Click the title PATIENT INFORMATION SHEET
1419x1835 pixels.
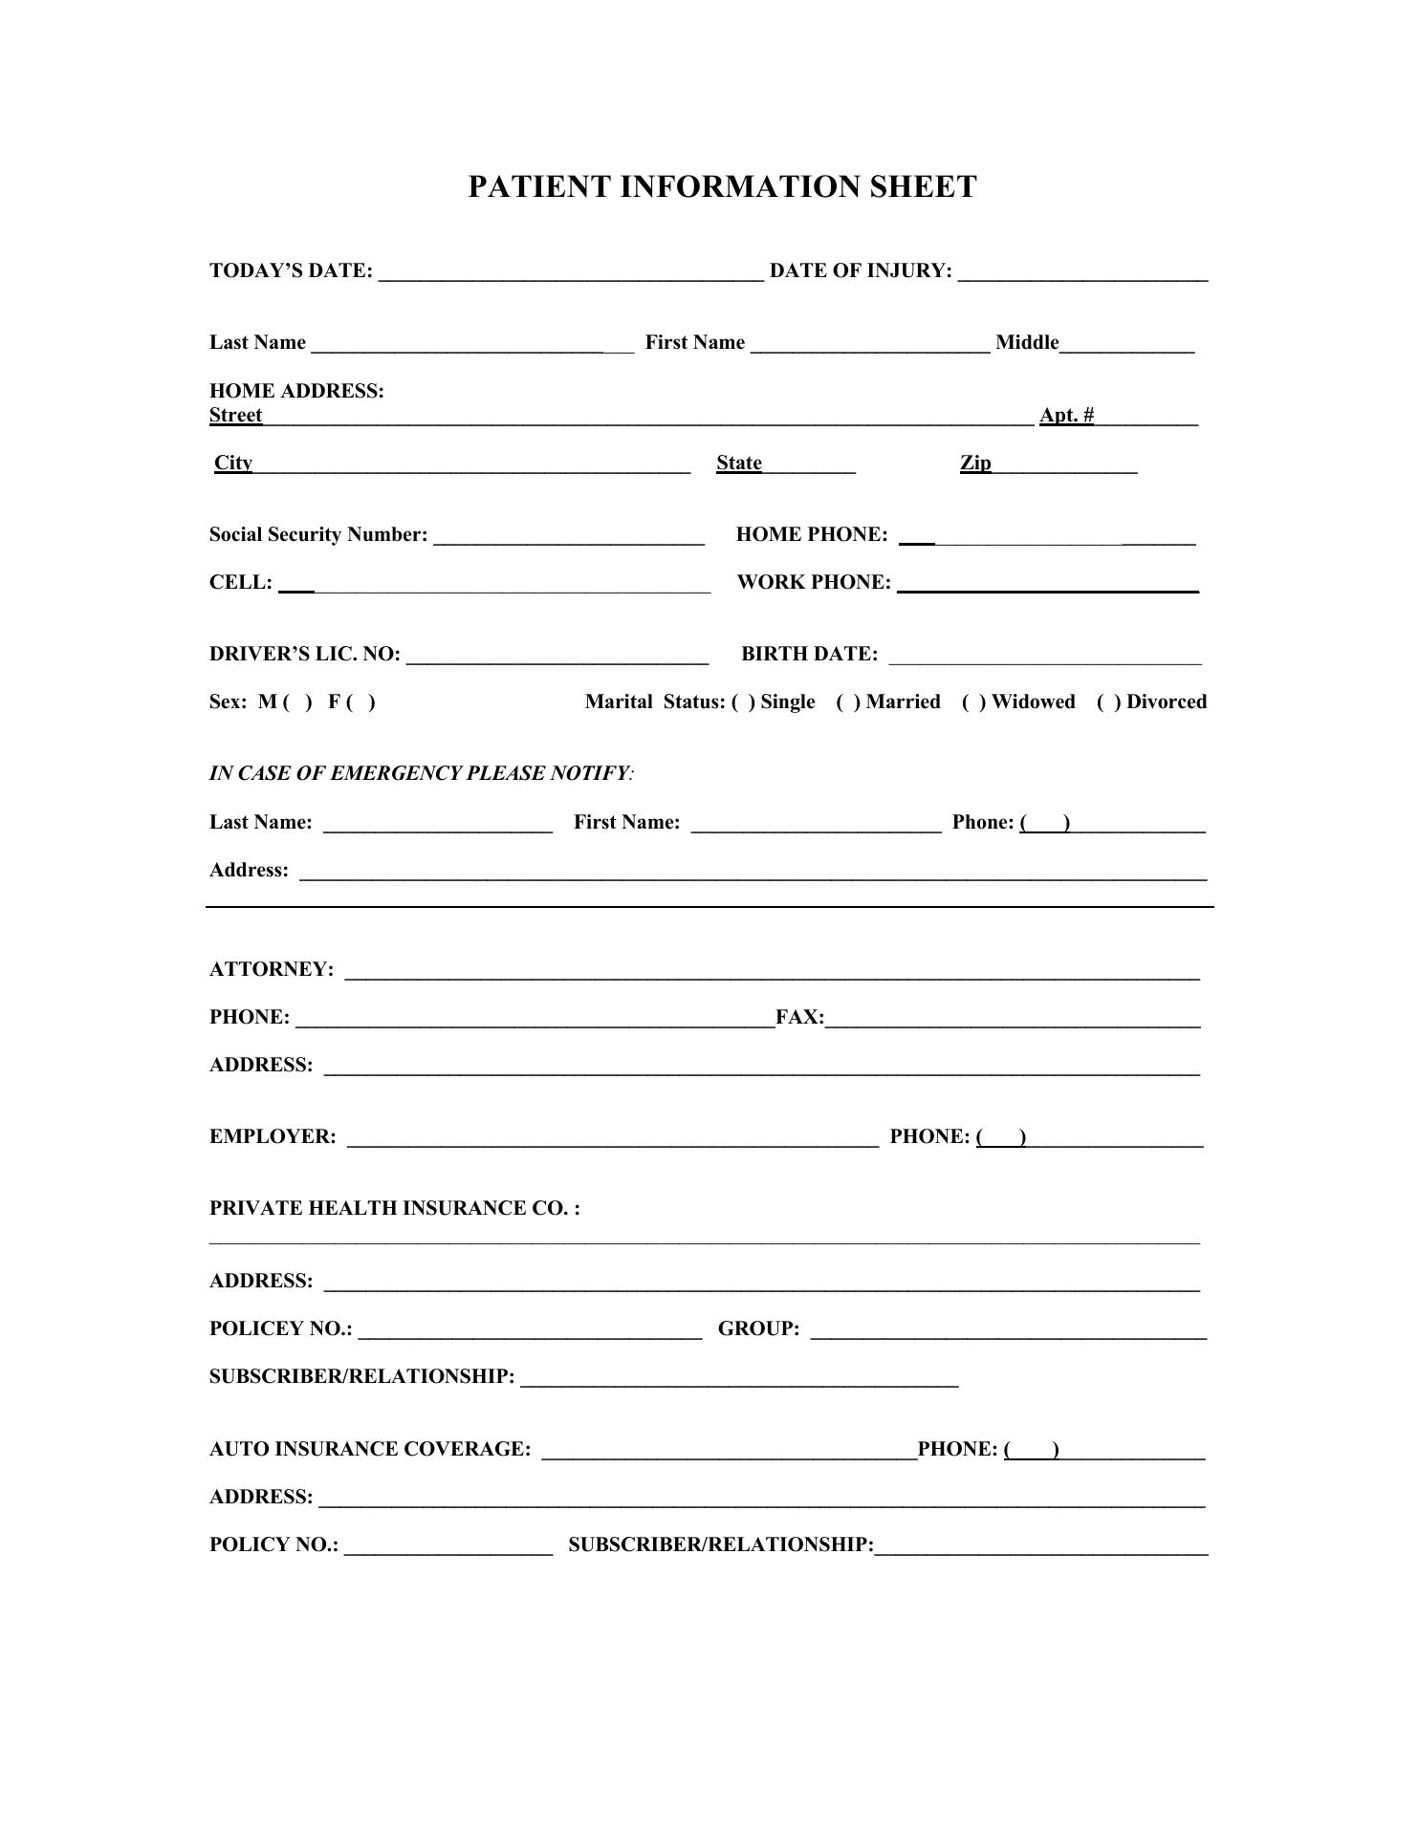(x=722, y=186)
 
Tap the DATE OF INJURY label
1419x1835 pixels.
(x=861, y=271)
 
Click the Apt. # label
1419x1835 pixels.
(x=1066, y=415)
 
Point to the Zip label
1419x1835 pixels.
(x=975, y=464)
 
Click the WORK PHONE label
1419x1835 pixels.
(x=814, y=583)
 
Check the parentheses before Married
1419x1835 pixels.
(x=848, y=702)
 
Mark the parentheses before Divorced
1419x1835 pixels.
(x=1109, y=702)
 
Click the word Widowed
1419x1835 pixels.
(x=1033, y=702)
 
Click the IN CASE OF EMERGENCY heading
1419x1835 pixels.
(x=421, y=773)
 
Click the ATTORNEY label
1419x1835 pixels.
(x=272, y=969)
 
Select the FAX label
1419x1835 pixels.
(x=799, y=1017)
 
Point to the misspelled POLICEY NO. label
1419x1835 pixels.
(x=280, y=1328)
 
